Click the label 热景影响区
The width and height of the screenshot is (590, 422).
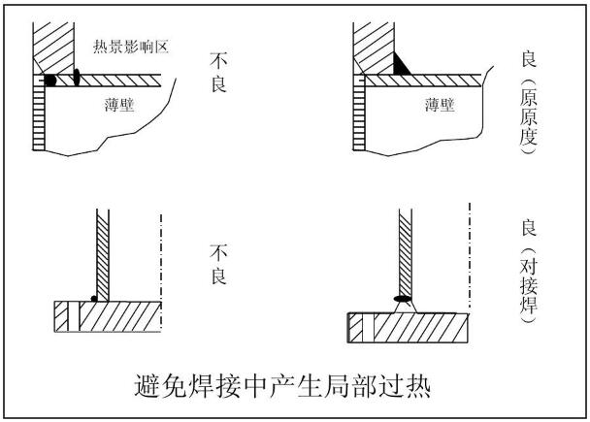click(131, 47)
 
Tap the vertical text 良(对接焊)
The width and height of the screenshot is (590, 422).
click(527, 276)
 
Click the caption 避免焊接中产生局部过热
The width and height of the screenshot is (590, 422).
click(281, 386)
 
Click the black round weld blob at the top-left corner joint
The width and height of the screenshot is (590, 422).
click(49, 80)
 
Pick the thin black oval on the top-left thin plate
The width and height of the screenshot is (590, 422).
click(75, 78)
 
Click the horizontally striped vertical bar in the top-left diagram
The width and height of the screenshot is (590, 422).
click(39, 116)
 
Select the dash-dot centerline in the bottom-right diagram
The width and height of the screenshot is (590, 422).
click(468, 252)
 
